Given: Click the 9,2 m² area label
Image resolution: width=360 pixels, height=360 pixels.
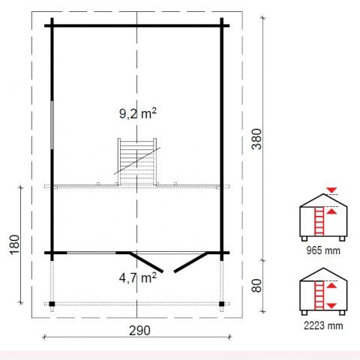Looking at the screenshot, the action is [x=138, y=113].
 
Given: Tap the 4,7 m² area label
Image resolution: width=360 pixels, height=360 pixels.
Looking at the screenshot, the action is [x=138, y=277].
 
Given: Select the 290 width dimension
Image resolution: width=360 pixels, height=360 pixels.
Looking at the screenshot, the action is [x=139, y=331].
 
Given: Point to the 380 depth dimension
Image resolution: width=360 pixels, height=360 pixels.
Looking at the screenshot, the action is [x=256, y=139].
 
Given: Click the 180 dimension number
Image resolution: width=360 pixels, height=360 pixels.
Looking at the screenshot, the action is [x=14, y=244].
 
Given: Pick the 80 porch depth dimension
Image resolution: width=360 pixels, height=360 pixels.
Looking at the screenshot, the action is [x=256, y=286].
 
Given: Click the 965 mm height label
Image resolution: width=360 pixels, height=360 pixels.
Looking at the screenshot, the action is [x=323, y=250].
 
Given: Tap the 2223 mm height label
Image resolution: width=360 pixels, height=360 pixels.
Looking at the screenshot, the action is [x=323, y=325].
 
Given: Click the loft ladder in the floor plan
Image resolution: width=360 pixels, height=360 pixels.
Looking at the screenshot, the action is [x=137, y=162].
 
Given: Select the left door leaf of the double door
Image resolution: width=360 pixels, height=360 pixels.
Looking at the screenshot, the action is [x=146, y=262].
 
